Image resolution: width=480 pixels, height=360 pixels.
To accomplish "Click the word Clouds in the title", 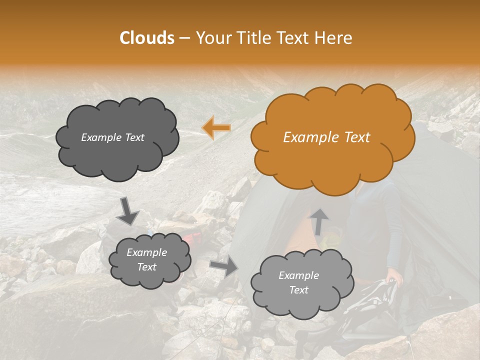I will pyautogui.click(x=147, y=38).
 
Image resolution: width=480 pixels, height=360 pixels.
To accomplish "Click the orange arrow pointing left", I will pyautogui.click(x=216, y=127).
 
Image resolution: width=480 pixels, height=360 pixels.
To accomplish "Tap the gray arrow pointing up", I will pyautogui.click(x=319, y=221).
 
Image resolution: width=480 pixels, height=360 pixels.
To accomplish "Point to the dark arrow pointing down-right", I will pyautogui.click(x=127, y=210).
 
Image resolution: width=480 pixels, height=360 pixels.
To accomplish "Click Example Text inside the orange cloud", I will pyautogui.click(x=326, y=137).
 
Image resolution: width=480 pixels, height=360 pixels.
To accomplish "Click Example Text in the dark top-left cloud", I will pyautogui.click(x=112, y=137).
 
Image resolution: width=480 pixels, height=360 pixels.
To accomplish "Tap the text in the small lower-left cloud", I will pyautogui.click(x=147, y=260).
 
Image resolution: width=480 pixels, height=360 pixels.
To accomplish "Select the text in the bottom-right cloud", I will pyautogui.click(x=298, y=282).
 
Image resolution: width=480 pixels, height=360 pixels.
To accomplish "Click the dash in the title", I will pyautogui.click(x=184, y=38).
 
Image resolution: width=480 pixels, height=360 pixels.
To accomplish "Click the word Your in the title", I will pyautogui.click(x=213, y=38).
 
